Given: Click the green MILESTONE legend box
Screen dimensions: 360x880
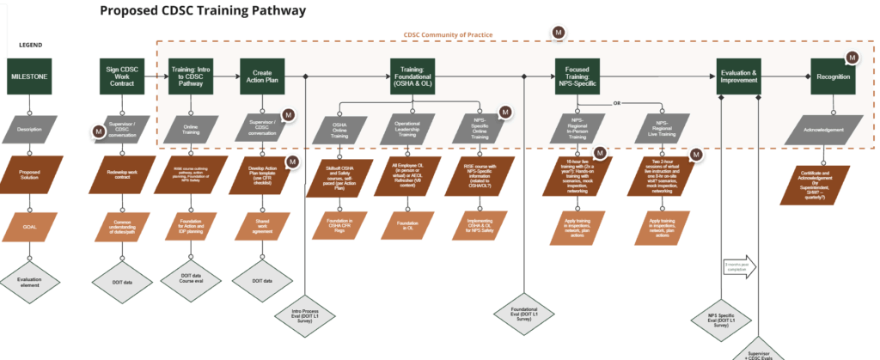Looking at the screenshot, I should coord(29,76).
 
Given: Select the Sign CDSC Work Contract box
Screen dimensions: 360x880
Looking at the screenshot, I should coord(122,76).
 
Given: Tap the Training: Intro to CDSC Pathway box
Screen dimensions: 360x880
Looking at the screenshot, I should coord(192,76).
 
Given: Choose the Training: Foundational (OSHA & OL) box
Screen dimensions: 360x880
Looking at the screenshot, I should coord(413,76).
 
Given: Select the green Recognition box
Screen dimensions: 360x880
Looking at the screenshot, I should coord(834,76).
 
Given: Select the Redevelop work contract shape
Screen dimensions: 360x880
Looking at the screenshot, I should coord(122,174).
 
